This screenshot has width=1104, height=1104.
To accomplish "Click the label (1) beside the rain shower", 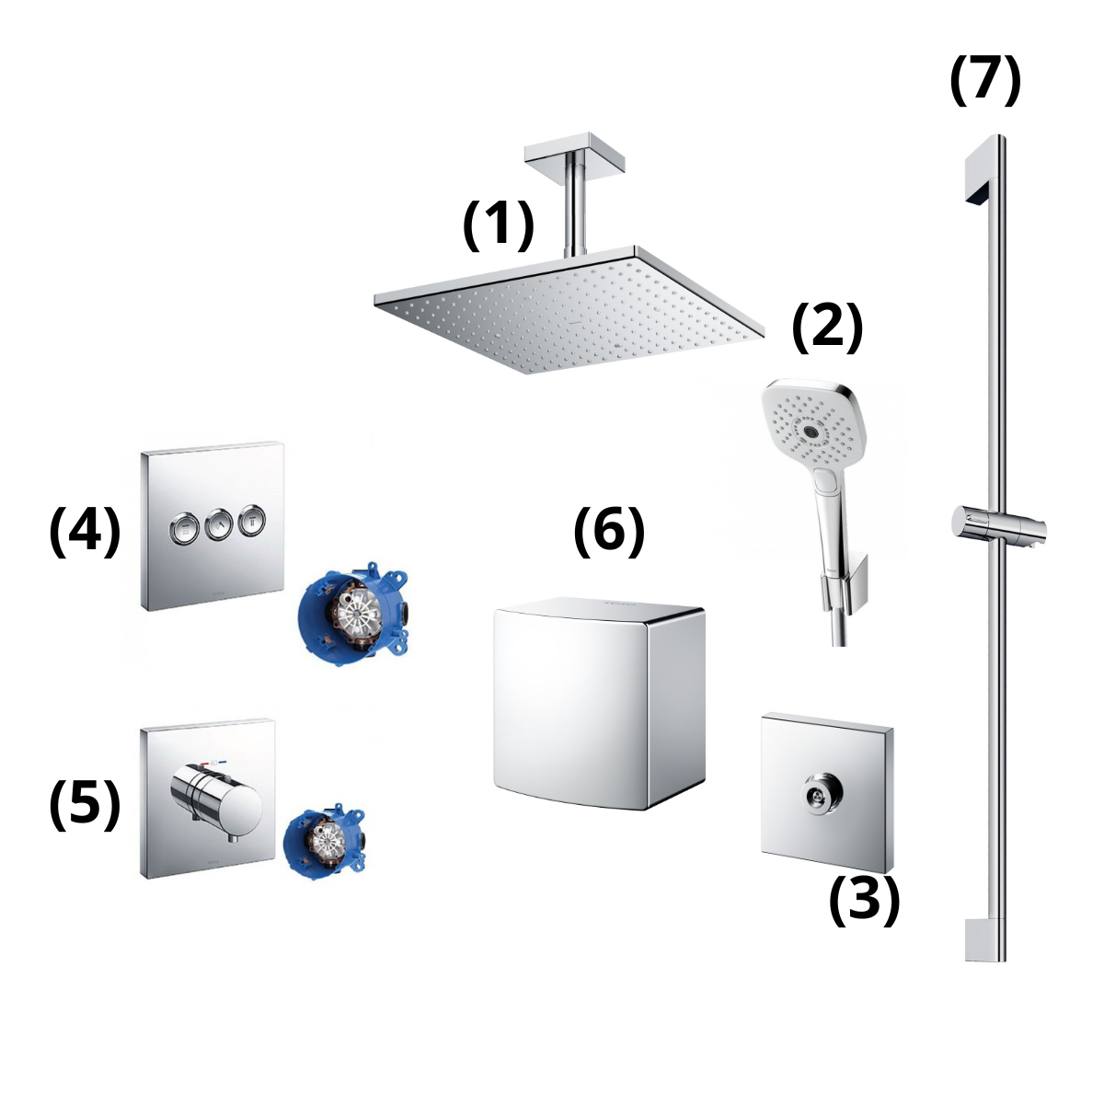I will (x=498, y=224).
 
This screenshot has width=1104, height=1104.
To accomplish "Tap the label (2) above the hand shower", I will (x=827, y=327).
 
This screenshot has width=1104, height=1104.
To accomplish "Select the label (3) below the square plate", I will (x=863, y=900).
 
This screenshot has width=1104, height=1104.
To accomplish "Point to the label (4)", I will (x=85, y=531).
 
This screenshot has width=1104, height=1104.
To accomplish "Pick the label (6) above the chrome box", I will (x=608, y=531).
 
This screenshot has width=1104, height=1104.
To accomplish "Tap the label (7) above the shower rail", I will (x=984, y=80).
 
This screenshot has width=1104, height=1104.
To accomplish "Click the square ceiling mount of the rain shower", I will (x=573, y=151).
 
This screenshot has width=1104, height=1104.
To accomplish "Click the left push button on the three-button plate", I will (x=183, y=525).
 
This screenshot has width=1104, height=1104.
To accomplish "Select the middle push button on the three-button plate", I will (x=217, y=524).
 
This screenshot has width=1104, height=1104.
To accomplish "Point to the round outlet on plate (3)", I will (x=816, y=791).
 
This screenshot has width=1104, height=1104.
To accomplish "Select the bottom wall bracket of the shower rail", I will (x=981, y=939).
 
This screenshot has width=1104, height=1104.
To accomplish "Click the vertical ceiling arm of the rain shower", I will (x=576, y=207).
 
